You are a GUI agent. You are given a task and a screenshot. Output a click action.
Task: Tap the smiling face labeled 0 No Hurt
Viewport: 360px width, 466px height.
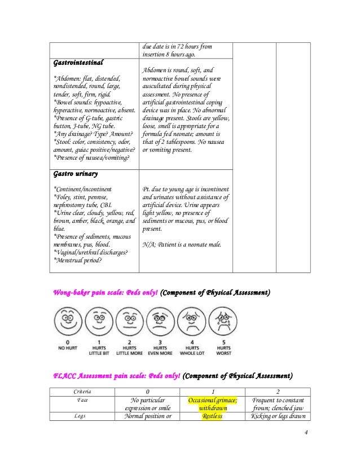click(x=67, y=321)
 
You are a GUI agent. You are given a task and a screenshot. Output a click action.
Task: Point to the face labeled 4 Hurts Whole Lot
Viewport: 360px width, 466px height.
click(x=192, y=321)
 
